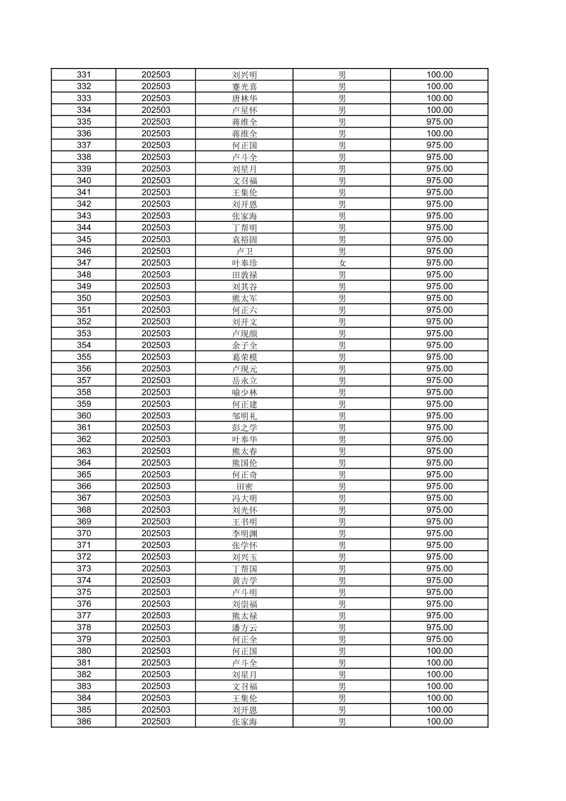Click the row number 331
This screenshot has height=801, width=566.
click(x=84, y=75)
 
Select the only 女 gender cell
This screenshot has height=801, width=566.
click(x=342, y=263)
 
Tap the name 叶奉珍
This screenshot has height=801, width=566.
click(x=245, y=263)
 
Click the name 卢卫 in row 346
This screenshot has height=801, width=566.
click(x=245, y=251)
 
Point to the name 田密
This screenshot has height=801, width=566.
click(x=245, y=486)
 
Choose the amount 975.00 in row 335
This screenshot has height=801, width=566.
click(x=440, y=122)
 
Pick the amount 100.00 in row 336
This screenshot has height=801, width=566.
click(x=440, y=133)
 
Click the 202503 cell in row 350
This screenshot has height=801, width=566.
click(x=156, y=298)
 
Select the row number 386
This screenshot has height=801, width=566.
click(x=84, y=721)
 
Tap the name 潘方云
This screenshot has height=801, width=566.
click(x=245, y=628)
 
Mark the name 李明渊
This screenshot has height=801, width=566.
click(x=245, y=533)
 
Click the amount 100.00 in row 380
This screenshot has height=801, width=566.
click(x=440, y=651)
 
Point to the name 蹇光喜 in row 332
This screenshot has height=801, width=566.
click(x=245, y=86)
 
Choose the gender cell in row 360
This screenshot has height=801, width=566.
click(x=342, y=416)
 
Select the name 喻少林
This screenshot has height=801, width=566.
click(x=245, y=392)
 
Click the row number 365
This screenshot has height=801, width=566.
click(x=84, y=474)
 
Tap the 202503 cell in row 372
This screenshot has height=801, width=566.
click(x=156, y=557)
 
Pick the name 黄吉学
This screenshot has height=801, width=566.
click(x=245, y=580)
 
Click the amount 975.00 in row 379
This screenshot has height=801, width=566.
click(x=440, y=639)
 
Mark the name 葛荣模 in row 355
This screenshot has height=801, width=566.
click(x=245, y=357)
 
